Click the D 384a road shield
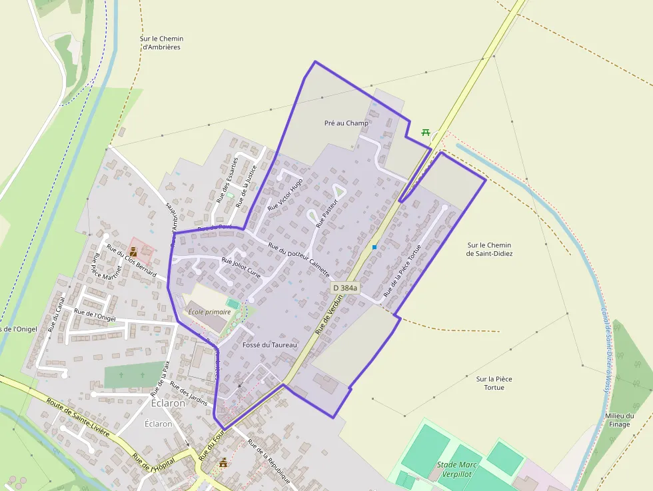point(345,288)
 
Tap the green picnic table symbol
point(426,132)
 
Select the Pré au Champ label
point(346,123)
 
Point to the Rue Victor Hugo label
point(285,195)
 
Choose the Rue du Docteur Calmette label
point(299,261)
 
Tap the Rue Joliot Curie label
point(241,266)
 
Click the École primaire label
point(209,312)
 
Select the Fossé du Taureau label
point(270,344)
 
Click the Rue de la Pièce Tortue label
point(402,270)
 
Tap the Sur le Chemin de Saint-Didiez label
point(490,249)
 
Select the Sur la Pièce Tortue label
point(494,382)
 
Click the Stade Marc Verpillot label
point(458,470)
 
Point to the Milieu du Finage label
point(619,420)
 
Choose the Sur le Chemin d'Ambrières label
point(161,43)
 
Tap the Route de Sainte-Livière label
point(79,417)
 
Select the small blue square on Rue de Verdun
point(374,247)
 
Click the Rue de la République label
point(269,461)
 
